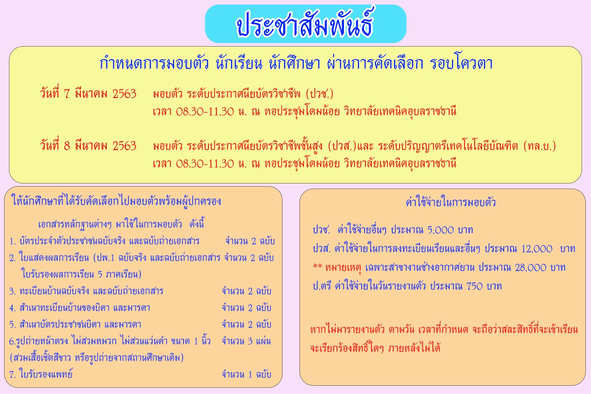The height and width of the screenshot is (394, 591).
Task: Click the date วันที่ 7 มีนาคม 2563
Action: [x=88, y=94]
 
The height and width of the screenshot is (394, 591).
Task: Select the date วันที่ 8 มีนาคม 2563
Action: [x=88, y=146]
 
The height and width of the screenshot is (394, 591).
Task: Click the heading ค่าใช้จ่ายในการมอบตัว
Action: [x=451, y=202]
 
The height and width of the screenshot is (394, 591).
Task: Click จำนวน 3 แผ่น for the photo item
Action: [x=246, y=341]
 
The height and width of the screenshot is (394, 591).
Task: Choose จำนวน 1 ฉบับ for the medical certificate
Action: [x=246, y=374]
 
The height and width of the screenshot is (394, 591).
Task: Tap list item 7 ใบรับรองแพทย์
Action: [x=41, y=374]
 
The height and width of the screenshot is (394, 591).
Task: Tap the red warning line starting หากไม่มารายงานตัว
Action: [x=444, y=329]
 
